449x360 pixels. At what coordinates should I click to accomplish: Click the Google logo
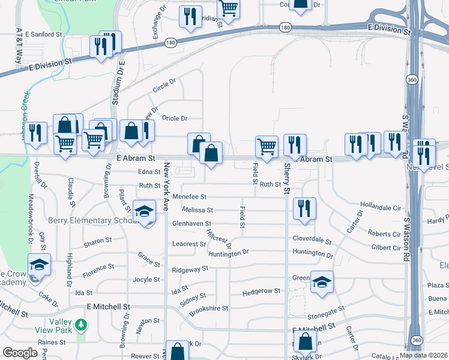point(20,353)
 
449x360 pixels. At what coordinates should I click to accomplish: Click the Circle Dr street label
point(164,85)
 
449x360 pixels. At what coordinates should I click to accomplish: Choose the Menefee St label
point(189,196)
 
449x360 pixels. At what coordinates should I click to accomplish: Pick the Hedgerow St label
point(261,292)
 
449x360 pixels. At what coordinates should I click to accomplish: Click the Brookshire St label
point(209,308)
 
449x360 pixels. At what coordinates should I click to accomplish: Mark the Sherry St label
point(286,179)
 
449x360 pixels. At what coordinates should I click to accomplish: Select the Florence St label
point(98,267)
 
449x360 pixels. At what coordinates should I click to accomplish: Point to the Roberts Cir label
point(384,233)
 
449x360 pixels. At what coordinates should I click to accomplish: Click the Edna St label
point(150,172)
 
